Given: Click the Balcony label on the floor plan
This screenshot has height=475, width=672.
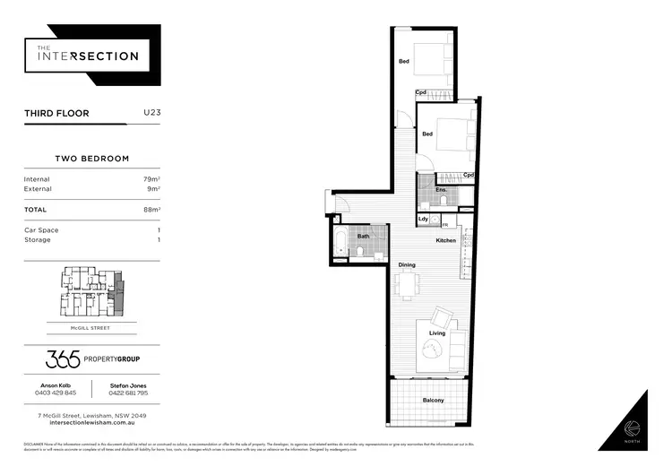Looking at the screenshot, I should tap(433, 400).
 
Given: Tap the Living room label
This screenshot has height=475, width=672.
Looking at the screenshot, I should tap(436, 333).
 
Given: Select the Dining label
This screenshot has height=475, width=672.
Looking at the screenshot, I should tap(407, 265).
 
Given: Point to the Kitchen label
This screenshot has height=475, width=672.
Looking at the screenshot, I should tap(445, 240).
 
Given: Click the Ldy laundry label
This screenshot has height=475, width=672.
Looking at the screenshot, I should tap(423, 219).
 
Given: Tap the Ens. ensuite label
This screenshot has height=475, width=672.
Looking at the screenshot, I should tap(441, 190).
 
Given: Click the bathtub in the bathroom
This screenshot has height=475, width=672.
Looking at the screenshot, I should tap(340, 243).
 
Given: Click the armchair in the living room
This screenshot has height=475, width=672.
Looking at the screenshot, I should tap(442, 317).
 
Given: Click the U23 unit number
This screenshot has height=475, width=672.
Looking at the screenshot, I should tap(152, 113).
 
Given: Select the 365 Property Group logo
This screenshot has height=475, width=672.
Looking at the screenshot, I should tap(92, 359).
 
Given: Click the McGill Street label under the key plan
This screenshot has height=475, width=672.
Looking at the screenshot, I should tap(92, 327).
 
